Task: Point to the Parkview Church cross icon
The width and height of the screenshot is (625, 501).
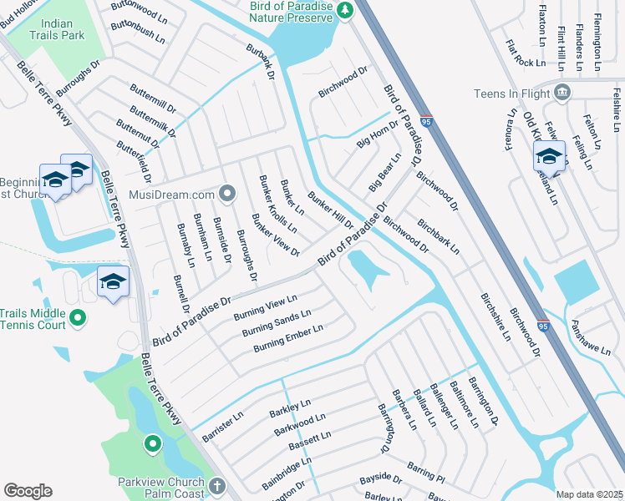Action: pos(216,486)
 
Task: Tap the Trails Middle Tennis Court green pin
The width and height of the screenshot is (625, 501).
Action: pos(78,318)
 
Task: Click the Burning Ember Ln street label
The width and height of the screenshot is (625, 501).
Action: pos(288,337)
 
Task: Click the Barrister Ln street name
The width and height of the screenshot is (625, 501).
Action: pos(222,426)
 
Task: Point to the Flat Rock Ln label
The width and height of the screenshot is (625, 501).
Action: pos(525,51)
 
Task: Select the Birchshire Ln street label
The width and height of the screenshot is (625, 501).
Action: pos(495,317)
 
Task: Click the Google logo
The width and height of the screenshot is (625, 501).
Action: pos(28,491)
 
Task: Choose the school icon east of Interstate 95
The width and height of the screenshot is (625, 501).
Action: pos(549,156)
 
